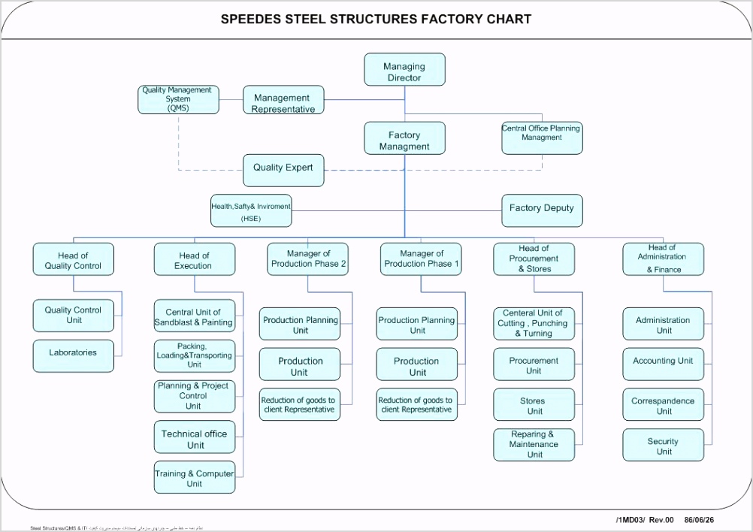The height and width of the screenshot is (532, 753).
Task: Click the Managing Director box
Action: click(404, 69)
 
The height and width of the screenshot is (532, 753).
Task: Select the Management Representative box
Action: click(283, 101)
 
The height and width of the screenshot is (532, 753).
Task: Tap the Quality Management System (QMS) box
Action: click(179, 99)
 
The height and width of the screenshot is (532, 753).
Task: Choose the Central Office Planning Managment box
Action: click(542, 138)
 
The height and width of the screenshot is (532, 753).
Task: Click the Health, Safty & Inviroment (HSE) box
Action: click(251, 210)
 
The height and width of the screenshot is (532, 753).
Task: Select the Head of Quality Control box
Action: click(73, 259)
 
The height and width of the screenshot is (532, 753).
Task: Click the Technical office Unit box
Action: click(194, 439)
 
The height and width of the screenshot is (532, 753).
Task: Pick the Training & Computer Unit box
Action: click(194, 477)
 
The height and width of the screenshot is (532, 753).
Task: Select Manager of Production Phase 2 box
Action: click(308, 259)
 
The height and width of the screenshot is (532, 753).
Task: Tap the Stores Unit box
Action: click(534, 404)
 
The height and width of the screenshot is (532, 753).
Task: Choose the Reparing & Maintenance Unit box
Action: click(534, 444)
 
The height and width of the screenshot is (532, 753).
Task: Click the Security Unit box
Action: click(663, 445)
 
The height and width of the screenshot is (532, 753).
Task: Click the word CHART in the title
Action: click(507, 20)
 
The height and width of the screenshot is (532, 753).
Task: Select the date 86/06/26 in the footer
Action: click(700, 519)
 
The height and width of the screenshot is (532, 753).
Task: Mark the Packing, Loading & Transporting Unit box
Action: click(194, 356)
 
